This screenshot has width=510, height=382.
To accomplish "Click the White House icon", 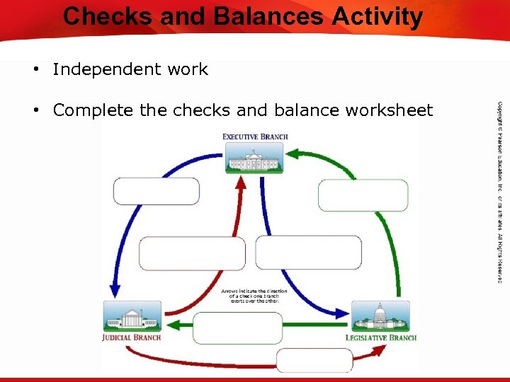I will click(x=254, y=158).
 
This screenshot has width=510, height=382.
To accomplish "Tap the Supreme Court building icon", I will click(x=132, y=316).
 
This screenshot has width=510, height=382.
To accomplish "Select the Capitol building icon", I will click(x=380, y=316).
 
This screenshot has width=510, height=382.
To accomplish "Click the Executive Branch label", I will click(x=255, y=136).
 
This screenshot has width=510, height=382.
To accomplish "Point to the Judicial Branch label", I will click(x=131, y=337).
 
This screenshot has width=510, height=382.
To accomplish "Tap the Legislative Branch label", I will click(x=380, y=337).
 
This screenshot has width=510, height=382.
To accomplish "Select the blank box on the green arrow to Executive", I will click(x=353, y=195).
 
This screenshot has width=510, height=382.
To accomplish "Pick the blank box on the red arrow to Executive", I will click(x=192, y=253).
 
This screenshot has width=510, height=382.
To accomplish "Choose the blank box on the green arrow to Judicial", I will click(x=237, y=328).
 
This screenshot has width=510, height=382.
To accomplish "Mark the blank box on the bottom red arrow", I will click(x=314, y=360).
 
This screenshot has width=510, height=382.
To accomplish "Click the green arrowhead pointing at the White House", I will click(x=293, y=153).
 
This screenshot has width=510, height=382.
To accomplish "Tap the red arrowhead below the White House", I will click(x=260, y=182).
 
